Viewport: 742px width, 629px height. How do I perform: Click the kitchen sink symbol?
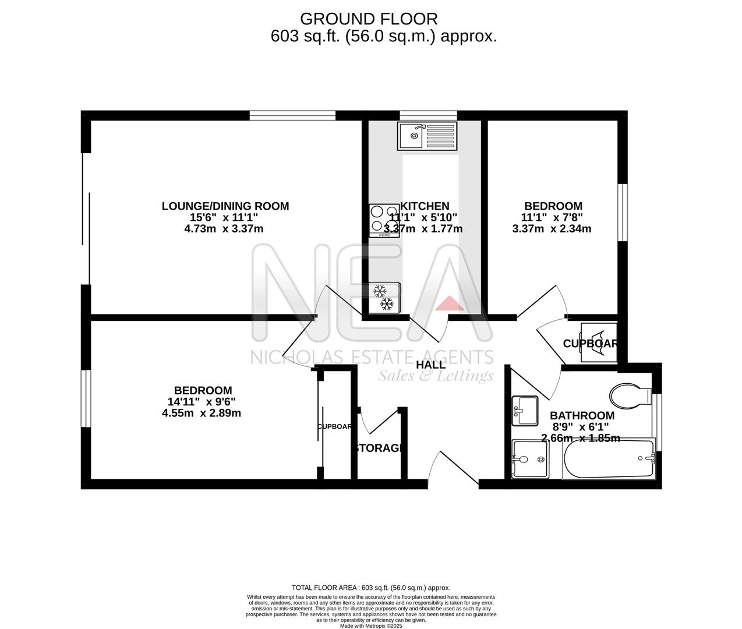tap(427, 135)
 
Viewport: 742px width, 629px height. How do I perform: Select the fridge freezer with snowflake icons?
tap(384, 297)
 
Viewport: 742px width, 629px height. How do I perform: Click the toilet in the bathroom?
tap(630, 397)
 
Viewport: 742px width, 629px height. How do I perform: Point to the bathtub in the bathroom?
tap(608, 460)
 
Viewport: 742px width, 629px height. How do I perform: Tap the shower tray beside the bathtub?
tap(530, 460)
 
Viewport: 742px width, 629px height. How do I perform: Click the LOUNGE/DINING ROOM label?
tap(225, 206)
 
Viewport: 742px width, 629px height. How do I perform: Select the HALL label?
tap(431, 365)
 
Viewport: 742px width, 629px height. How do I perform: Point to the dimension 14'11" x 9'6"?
tap(202, 402)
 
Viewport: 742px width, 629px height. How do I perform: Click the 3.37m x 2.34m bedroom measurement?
tap(552, 229)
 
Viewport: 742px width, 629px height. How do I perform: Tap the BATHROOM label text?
tap(582, 416)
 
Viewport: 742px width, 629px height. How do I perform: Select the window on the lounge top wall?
tap(292, 115)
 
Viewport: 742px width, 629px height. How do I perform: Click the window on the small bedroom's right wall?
tap(623, 212)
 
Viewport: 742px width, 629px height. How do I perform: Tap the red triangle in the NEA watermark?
tap(447, 303)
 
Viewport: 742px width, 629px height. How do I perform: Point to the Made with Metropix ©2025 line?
tap(371, 626)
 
